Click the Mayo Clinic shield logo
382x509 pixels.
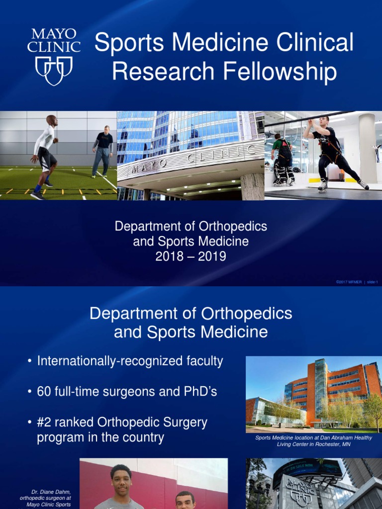click(54, 70)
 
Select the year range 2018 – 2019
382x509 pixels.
click(191, 256)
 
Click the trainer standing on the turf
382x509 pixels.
click(103, 151)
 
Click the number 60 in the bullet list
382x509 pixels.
click(44, 392)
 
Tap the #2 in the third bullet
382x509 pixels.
click(45, 423)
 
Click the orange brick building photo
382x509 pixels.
click(313, 394)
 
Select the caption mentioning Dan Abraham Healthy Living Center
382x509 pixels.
click(313, 441)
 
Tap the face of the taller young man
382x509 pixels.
click(121, 479)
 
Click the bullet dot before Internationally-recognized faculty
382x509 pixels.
click(31, 361)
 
